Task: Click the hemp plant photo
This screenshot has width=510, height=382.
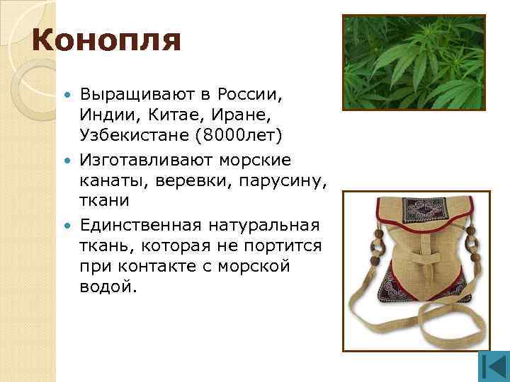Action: [x=414, y=64]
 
